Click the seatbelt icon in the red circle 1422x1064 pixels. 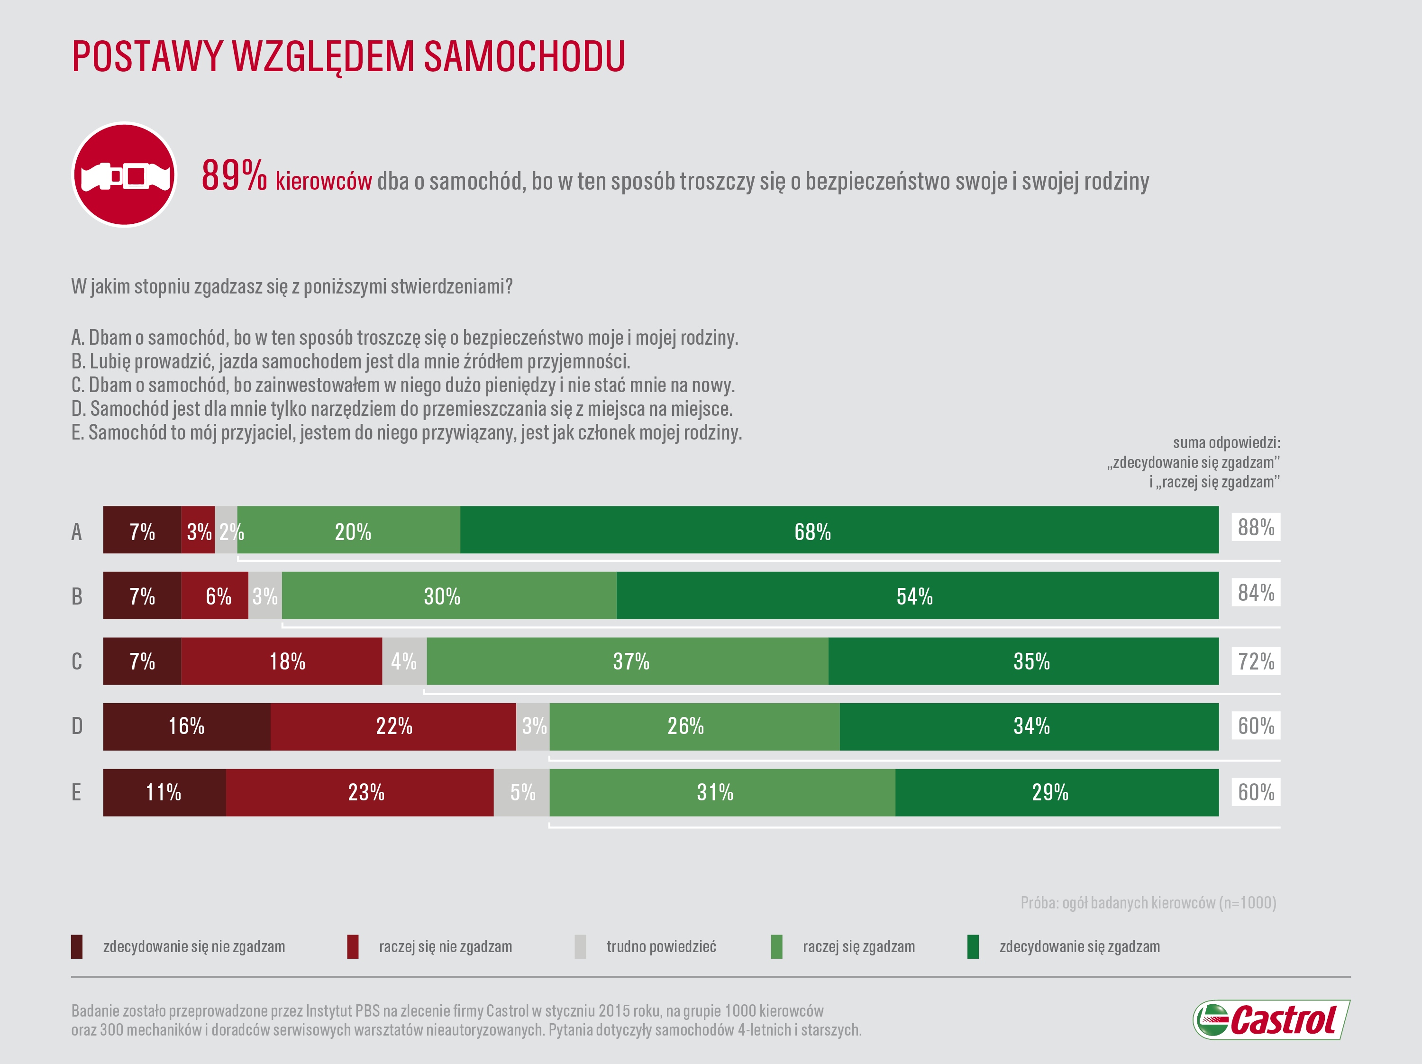pos(124,175)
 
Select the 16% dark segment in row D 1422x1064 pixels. pos(186,726)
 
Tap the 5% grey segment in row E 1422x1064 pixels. pos(521,792)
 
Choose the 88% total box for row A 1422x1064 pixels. pos(1256,527)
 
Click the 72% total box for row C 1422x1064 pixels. pos(1256,661)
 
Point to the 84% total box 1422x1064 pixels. pos(1256,593)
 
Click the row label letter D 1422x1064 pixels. pos(76,726)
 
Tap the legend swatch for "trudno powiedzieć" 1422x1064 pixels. pos(580,946)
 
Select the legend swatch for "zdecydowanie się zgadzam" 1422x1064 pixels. pos(973,946)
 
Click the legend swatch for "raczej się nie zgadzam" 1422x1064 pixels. pos(352,946)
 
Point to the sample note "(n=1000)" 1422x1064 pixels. pos(1247,903)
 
